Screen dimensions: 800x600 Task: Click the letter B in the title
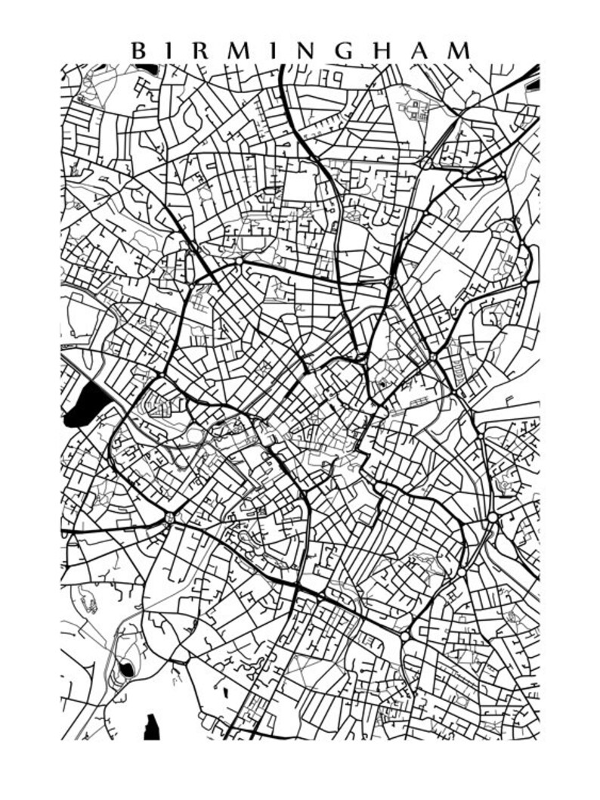pyautogui.click(x=139, y=51)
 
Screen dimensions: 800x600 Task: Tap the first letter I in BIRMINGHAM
pyautogui.click(x=172, y=51)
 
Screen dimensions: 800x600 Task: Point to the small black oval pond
pyautogui.click(x=127, y=669)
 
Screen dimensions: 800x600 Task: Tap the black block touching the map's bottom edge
pyautogui.click(x=153, y=727)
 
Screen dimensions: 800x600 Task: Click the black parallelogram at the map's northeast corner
pyautogui.click(x=534, y=70)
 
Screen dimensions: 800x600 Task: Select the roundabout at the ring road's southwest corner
pyautogui.click(x=169, y=518)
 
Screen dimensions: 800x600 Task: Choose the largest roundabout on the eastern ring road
pyautogui.click(x=493, y=518)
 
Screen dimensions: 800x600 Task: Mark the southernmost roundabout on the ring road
pyautogui.click(x=405, y=637)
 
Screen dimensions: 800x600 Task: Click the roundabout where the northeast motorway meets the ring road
pyautogui.click(x=391, y=282)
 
